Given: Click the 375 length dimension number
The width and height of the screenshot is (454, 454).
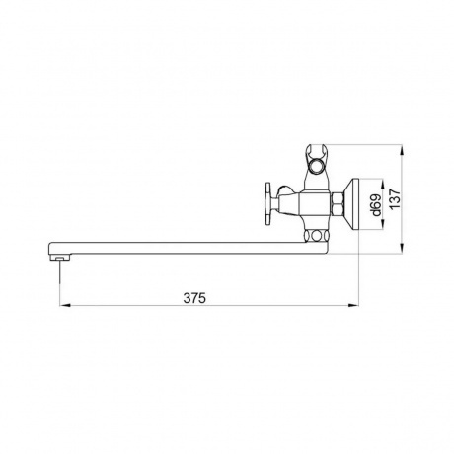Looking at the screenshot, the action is coord(194,298).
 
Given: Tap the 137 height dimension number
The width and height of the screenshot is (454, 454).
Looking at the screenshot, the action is coord(395,198).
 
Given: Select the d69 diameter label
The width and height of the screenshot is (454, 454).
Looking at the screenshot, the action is coord(376,204).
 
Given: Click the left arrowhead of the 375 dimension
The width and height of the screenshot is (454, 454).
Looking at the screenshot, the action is coord(65,305).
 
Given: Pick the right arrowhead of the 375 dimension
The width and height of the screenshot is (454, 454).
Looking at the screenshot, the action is coord(353,305).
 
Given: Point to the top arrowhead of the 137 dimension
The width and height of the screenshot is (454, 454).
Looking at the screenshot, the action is coord(402,150).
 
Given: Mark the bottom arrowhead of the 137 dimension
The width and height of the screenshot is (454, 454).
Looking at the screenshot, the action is coord(402,248).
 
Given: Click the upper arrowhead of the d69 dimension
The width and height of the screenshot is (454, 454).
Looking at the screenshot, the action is coord(383,185).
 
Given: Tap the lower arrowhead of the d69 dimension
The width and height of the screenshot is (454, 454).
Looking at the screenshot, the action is coord(383,224).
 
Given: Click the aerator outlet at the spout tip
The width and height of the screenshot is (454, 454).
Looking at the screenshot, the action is coord(59,257).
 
